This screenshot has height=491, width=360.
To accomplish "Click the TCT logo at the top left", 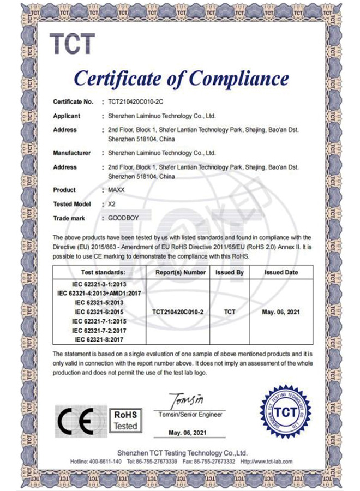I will [x=73, y=44].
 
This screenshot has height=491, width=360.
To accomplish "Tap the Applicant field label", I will [x=67, y=116].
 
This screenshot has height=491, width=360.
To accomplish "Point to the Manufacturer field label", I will [x=72, y=153].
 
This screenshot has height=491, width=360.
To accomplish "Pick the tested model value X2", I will [x=112, y=204].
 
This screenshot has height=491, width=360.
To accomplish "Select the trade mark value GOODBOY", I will [x=124, y=218].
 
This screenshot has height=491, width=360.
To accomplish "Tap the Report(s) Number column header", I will [x=179, y=272].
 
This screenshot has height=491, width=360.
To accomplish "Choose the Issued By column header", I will [x=230, y=272].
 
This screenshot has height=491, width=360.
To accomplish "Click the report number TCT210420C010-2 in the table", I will [x=178, y=312].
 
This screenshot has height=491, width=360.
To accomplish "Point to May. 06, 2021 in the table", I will [x=281, y=312].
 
